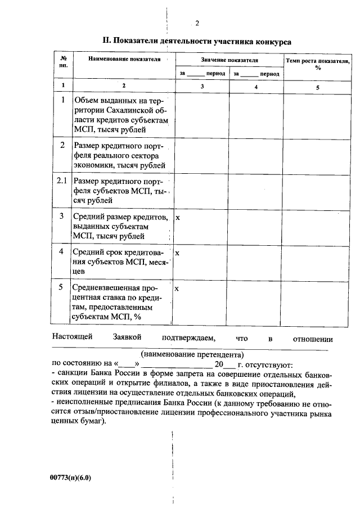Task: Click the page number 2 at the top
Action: coord(197,23)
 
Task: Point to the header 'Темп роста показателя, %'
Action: coord(318,63)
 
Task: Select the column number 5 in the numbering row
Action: coord(317,87)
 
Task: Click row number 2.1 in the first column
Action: coord(62,181)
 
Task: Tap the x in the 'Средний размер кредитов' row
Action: coord(178,217)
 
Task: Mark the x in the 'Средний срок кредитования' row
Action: coord(178,253)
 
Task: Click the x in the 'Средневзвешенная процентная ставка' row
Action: coord(178,289)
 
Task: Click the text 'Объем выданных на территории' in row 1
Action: coord(121,100)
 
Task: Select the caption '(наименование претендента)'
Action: coord(192,355)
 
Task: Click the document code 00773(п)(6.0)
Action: coord(70,478)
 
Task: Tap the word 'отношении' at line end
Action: coord(313,339)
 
